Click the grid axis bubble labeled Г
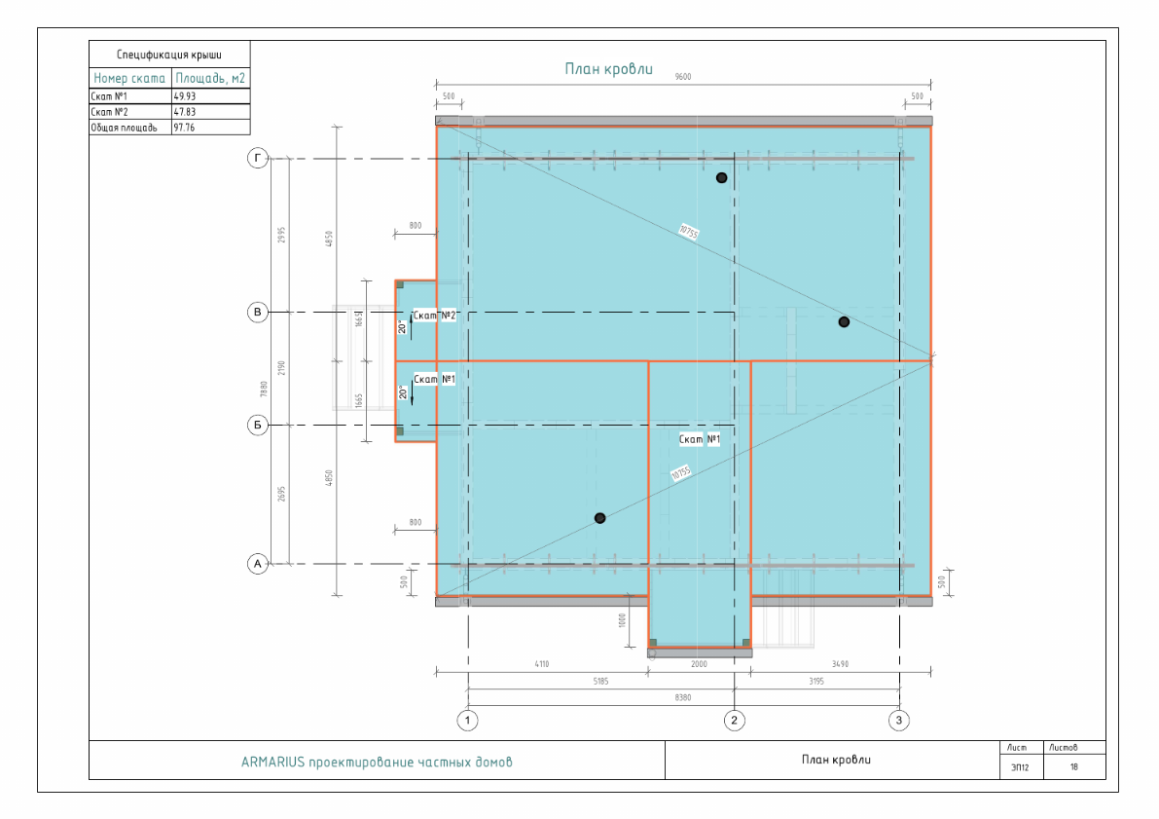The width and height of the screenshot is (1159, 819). click(258, 159)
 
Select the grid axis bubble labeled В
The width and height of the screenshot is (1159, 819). click(258, 312)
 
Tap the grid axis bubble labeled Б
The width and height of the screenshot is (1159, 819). click(258, 425)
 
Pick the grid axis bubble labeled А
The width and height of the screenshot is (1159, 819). click(258, 563)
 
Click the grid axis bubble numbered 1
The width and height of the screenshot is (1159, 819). click(468, 721)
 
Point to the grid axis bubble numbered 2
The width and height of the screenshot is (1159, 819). click(735, 721)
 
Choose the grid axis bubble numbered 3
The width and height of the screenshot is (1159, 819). click(900, 721)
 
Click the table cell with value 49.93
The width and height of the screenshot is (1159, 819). click(184, 96)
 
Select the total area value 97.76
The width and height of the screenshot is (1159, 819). click(184, 127)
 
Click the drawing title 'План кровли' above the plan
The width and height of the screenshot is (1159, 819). click(609, 69)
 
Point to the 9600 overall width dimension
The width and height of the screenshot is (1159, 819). click(683, 77)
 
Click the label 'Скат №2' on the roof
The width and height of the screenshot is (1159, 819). click(435, 316)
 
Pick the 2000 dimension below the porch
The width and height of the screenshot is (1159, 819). click(699, 664)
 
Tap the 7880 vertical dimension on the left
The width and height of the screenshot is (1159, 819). click(264, 390)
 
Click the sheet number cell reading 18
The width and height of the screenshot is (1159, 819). click(1074, 767)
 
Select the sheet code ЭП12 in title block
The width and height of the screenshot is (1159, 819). click(1020, 767)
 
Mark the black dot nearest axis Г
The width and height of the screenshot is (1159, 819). click(721, 177)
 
